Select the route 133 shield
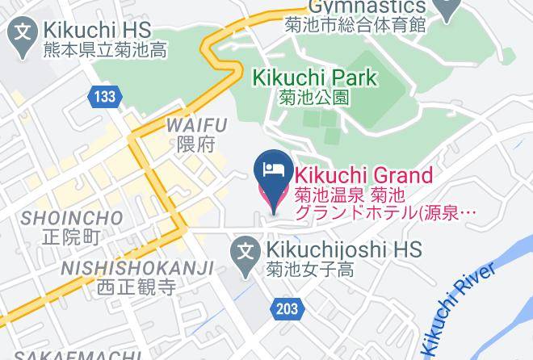(x=103, y=97)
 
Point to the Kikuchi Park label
(x=315, y=78)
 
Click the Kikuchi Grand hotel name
(x=363, y=174)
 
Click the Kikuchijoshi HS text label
(x=341, y=250)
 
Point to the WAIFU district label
(x=196, y=124)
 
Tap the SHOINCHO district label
(x=72, y=219)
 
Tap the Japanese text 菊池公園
(x=315, y=98)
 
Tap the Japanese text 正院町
(x=72, y=237)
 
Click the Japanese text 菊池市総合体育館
(x=355, y=24)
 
